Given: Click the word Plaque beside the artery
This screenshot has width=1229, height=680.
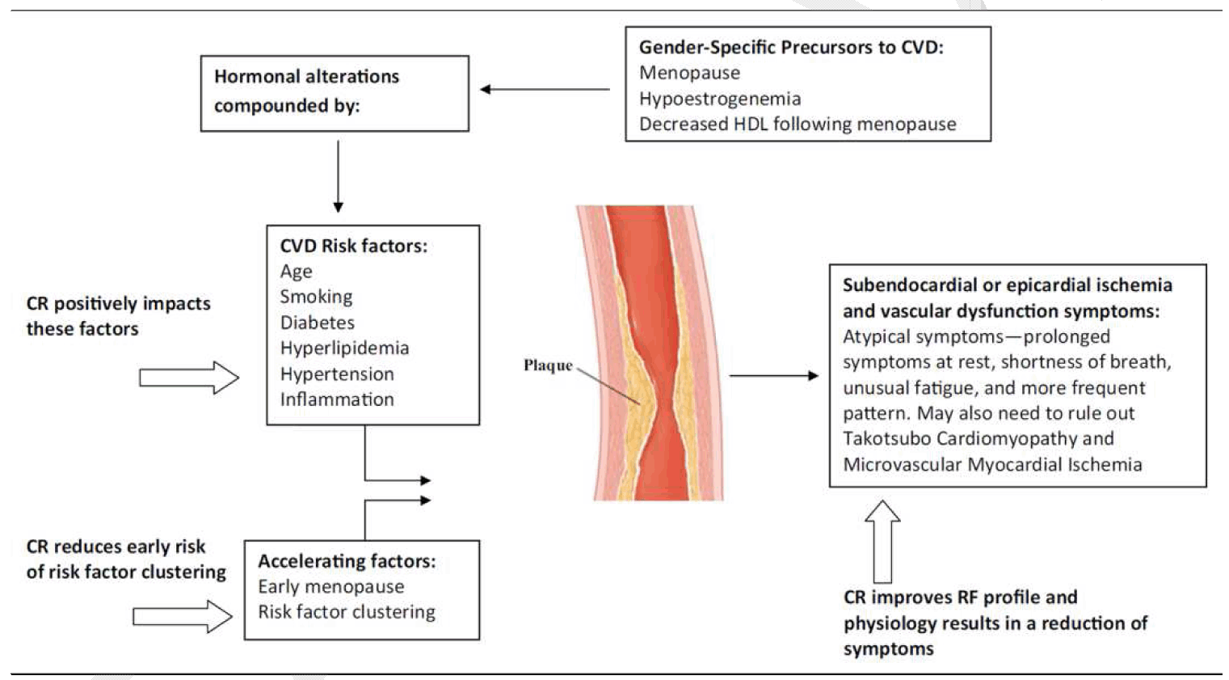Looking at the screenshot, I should coord(548,365).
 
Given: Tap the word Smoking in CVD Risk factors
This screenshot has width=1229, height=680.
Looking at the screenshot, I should coord(316,297).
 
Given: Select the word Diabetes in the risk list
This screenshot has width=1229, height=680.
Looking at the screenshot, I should coord(317,323).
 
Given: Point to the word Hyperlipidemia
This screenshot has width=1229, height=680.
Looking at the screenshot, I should coord(344,348).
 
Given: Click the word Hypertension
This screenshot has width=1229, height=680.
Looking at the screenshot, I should coord(337,374).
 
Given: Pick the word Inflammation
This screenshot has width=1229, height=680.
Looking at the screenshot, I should coord(337,399).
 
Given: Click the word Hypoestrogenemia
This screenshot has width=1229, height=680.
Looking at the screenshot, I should coord(720,99).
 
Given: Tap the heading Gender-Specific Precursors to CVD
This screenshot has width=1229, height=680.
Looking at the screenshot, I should coord(791,48).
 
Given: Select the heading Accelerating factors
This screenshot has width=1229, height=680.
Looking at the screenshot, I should coord(347,561).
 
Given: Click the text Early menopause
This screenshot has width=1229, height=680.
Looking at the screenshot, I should coord(330,586).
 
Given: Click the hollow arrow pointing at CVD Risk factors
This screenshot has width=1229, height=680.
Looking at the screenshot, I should coord(189,378).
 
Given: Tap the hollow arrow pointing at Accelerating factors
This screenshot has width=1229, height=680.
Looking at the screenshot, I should coord(183,616).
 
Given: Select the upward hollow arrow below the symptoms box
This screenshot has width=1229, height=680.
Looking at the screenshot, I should coord(882,541).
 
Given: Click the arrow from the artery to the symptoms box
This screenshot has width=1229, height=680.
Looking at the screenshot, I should coord(773,375).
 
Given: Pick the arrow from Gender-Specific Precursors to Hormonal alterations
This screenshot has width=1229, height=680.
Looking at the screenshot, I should coord(545,89).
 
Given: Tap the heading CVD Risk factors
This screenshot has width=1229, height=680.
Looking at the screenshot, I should coord(353,246).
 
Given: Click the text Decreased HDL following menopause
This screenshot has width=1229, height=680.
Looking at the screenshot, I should coord(798,125).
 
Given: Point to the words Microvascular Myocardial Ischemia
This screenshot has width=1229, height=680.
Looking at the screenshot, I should coord(992,465).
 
